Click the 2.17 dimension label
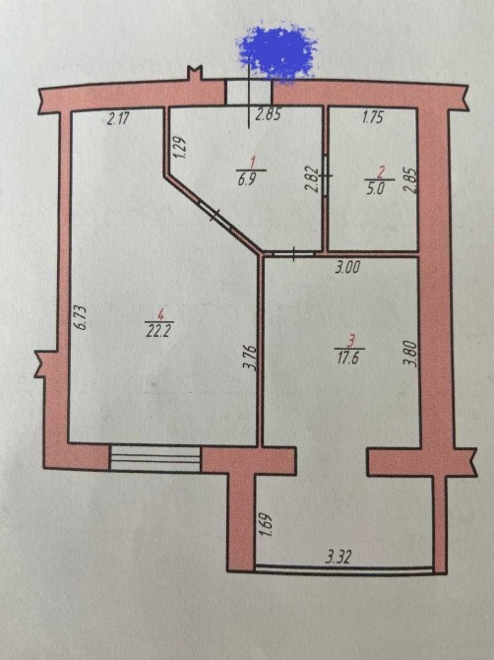coord(118,119)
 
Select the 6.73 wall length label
coord(81,316)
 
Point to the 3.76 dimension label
coord(249,358)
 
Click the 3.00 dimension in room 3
coord(347,267)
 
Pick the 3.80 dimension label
coord(412,354)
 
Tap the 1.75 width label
coord(373,117)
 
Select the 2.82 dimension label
coord(313,179)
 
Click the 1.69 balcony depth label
coord(269,524)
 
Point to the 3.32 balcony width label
coord(338,558)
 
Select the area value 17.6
coord(349,358)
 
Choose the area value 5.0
coord(376,188)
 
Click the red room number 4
coord(159,314)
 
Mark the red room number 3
coord(351,340)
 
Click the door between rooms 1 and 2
coord(327,174)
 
